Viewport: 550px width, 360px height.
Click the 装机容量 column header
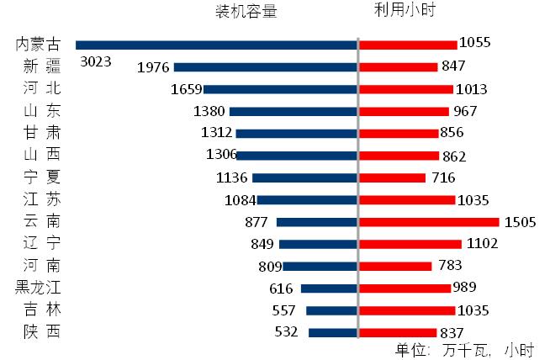pos(246,11)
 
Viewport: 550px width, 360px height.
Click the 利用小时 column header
pos(405,11)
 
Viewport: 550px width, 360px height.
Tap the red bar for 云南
pos(429,221)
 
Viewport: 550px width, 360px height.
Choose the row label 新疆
pos(41,66)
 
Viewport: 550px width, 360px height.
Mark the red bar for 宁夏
pos(393,177)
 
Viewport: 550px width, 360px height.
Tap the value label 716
pos(443,177)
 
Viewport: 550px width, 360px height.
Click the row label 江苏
pos(41,199)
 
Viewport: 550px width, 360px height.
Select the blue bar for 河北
pos(280,89)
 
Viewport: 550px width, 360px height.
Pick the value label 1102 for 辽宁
pos(482,244)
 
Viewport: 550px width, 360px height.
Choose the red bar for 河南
pos(395,266)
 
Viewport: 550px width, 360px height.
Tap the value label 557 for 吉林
pos(284,310)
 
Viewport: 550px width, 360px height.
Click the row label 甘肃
pos(41,133)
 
